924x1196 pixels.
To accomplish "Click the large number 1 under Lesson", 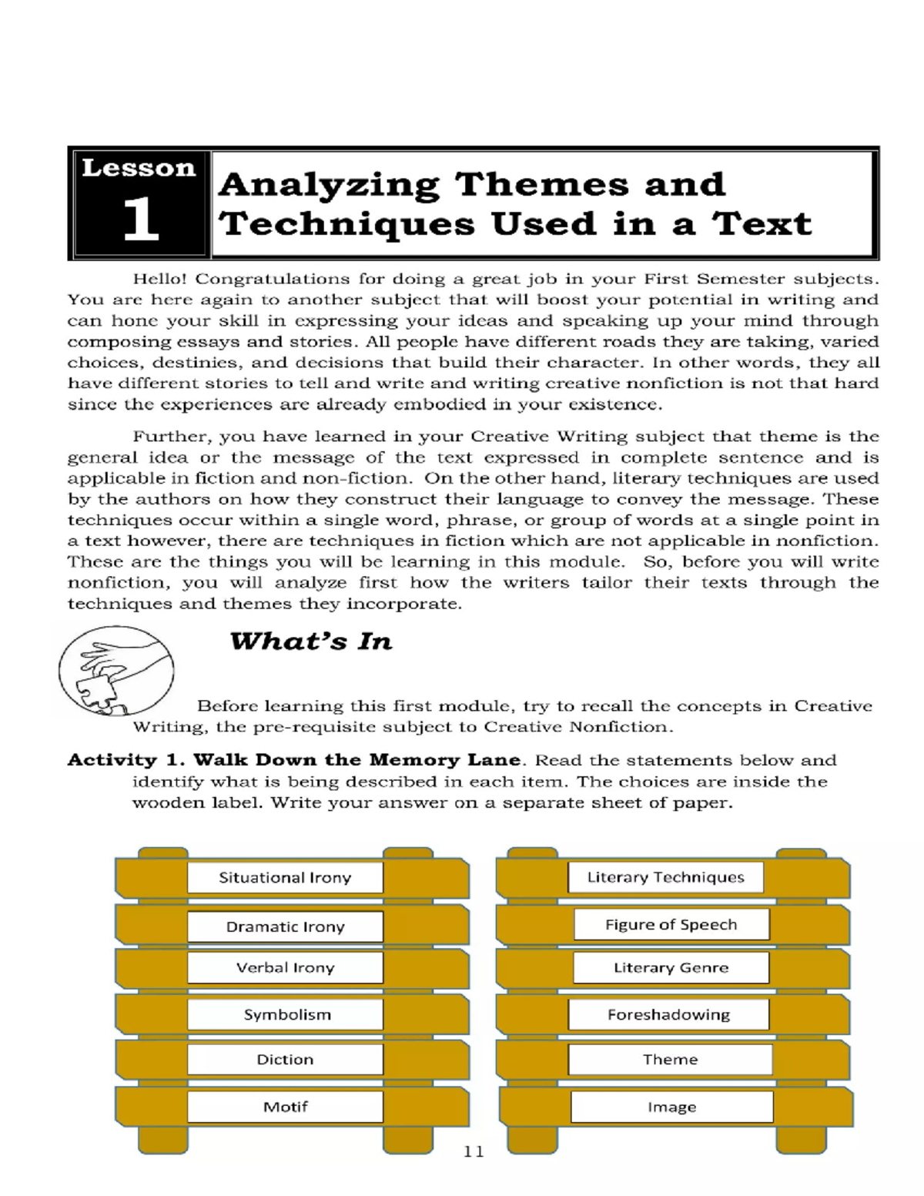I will (x=140, y=220).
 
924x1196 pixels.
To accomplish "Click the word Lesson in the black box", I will (x=139, y=168).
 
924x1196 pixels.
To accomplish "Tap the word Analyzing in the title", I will (x=330, y=185).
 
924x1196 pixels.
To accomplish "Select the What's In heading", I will (x=311, y=642).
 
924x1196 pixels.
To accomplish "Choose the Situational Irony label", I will (x=285, y=877).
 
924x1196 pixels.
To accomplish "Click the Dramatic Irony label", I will (x=285, y=926).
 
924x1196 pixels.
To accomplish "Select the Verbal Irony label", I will (x=285, y=968).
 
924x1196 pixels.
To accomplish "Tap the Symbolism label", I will (x=286, y=1014).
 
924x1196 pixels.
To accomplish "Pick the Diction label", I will (x=285, y=1060).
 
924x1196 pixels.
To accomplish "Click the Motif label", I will (x=285, y=1107).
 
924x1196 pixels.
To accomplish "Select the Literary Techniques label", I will (x=665, y=877).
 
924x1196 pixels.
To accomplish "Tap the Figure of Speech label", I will (x=671, y=924).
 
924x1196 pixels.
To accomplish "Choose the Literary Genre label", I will (x=671, y=968).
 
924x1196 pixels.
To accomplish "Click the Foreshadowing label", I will (x=668, y=1014).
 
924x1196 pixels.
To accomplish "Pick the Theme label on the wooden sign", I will (x=670, y=1060).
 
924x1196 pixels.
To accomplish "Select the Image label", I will (x=671, y=1107).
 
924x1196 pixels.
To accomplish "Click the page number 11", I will (x=474, y=1151).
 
